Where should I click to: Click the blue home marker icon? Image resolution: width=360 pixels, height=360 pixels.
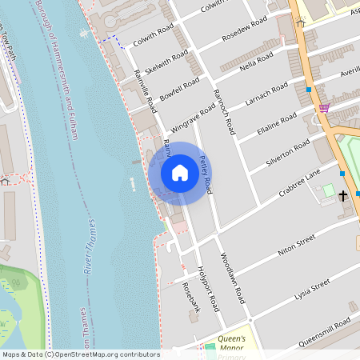coord(180,173)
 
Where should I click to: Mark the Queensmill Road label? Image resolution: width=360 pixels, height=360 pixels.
coord(322,330)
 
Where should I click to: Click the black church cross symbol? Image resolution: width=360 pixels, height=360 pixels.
coord(343,195)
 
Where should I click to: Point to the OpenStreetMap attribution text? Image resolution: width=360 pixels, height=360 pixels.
coord(81,354)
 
